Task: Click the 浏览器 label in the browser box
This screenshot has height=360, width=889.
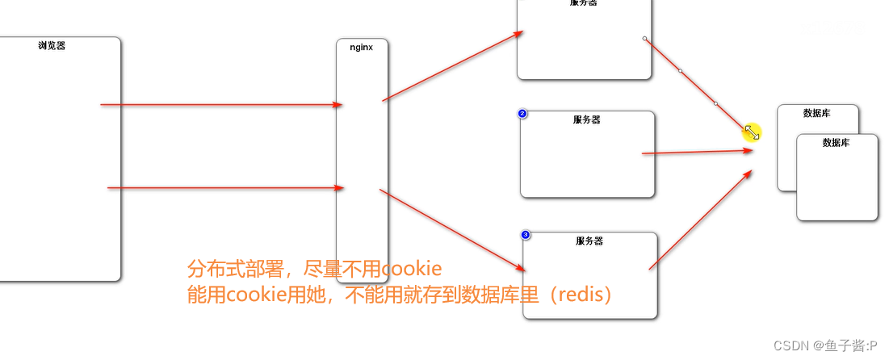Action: pos(52,46)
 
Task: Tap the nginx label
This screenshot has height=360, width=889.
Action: pos(361,47)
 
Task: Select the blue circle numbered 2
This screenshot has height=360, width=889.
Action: pos(522,114)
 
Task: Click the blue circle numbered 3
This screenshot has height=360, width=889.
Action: pos(526,235)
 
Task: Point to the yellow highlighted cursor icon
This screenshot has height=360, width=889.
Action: pos(752,132)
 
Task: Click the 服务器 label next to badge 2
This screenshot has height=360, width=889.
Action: pos(587,119)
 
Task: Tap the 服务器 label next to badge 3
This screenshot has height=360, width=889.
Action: pos(589,241)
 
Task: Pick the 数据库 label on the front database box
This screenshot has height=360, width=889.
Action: pos(837,142)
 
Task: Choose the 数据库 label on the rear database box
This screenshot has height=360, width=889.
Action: pos(817,114)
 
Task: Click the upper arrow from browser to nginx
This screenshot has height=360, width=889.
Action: pos(218,104)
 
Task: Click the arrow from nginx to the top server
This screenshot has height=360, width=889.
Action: pos(452,66)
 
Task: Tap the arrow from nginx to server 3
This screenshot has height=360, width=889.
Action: pos(452,230)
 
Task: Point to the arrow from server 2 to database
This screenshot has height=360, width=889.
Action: pos(694,151)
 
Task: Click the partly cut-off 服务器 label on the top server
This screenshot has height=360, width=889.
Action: pos(583,3)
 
